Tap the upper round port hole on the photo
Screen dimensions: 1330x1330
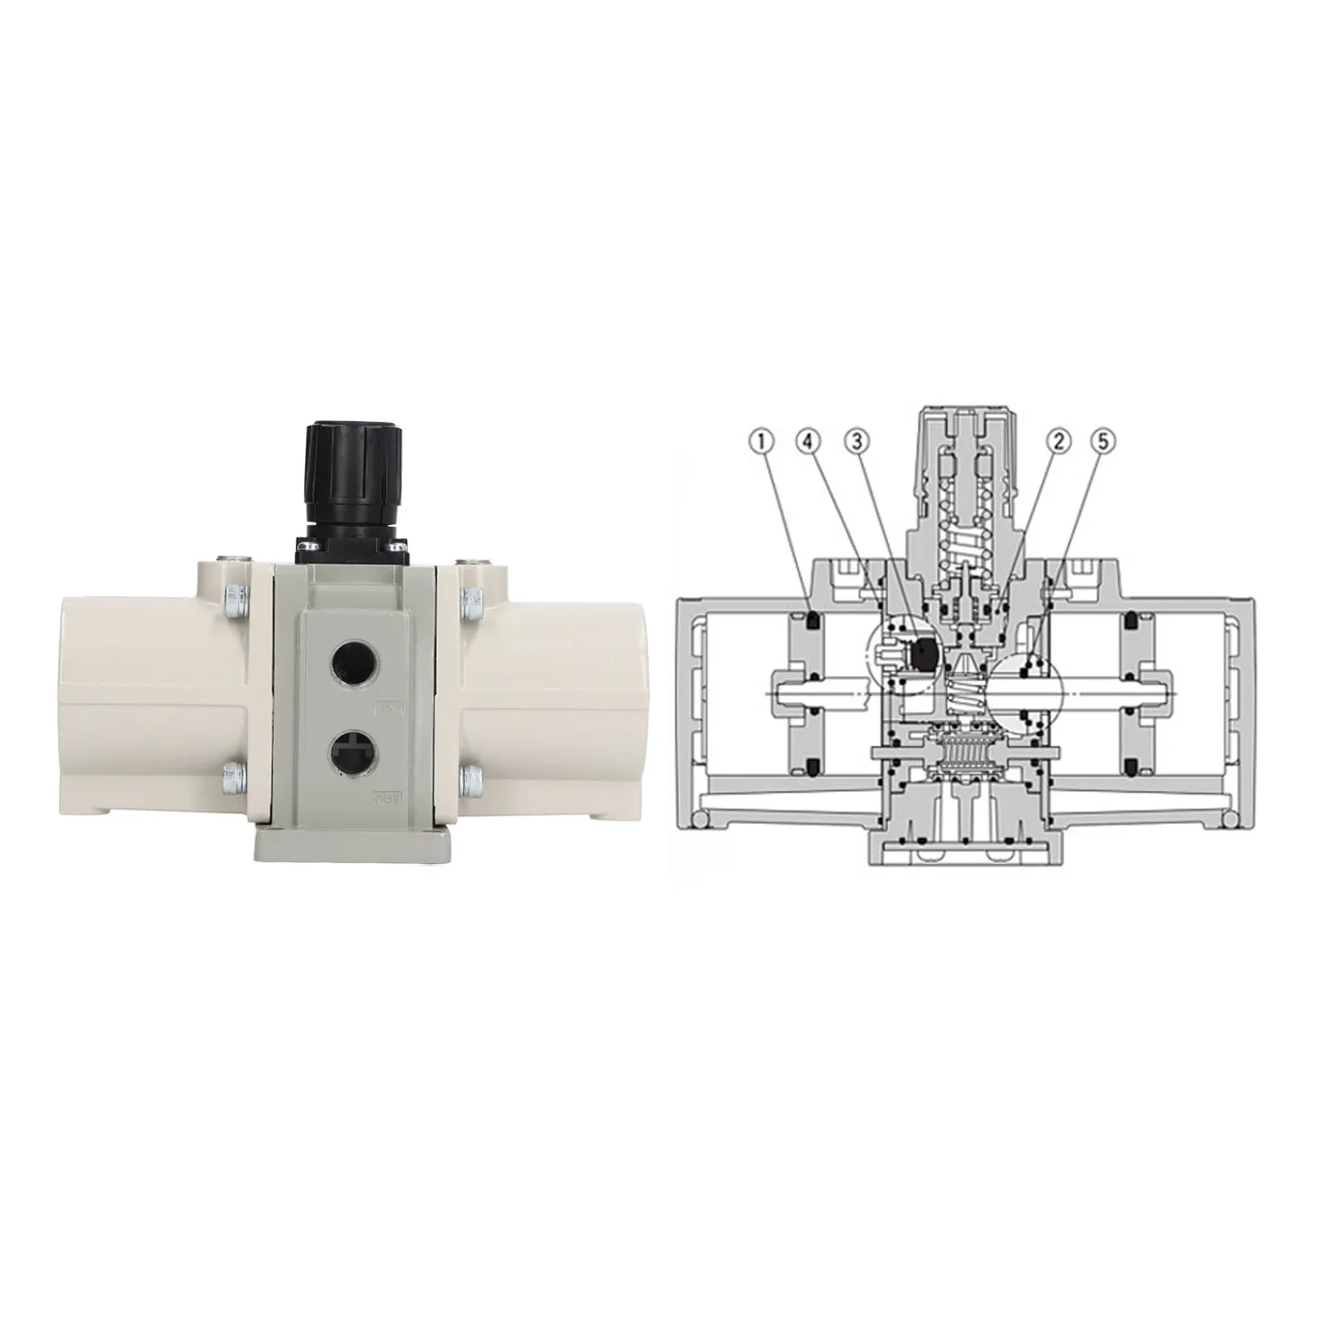coord(351,662)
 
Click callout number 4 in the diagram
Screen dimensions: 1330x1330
coord(808,441)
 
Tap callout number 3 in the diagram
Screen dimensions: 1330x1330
coord(856,441)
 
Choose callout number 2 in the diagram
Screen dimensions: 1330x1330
coord(1058,441)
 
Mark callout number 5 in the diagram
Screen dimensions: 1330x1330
coord(1103,441)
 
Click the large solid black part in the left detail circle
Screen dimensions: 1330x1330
coord(923,654)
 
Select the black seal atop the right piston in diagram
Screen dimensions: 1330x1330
coord(1130,619)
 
